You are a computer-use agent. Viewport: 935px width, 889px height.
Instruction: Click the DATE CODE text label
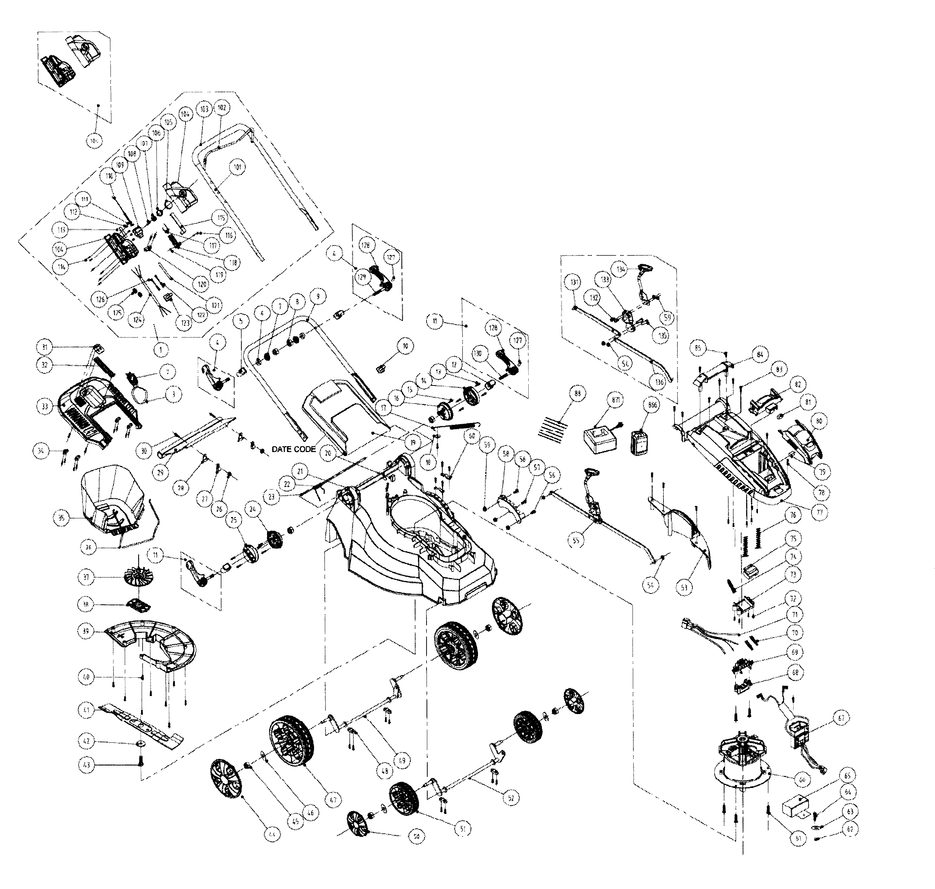[x=294, y=449]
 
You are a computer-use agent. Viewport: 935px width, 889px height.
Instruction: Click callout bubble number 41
[x=85, y=710]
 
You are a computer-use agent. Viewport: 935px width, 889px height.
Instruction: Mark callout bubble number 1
[x=161, y=350]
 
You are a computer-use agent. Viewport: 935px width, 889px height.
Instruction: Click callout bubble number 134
[x=621, y=269]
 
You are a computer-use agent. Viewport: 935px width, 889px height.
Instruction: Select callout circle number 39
[x=86, y=631]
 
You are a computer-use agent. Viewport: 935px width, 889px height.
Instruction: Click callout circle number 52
[x=511, y=797]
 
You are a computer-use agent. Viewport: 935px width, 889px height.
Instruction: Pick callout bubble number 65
[x=847, y=776]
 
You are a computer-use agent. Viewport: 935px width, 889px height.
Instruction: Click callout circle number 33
[x=45, y=406]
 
